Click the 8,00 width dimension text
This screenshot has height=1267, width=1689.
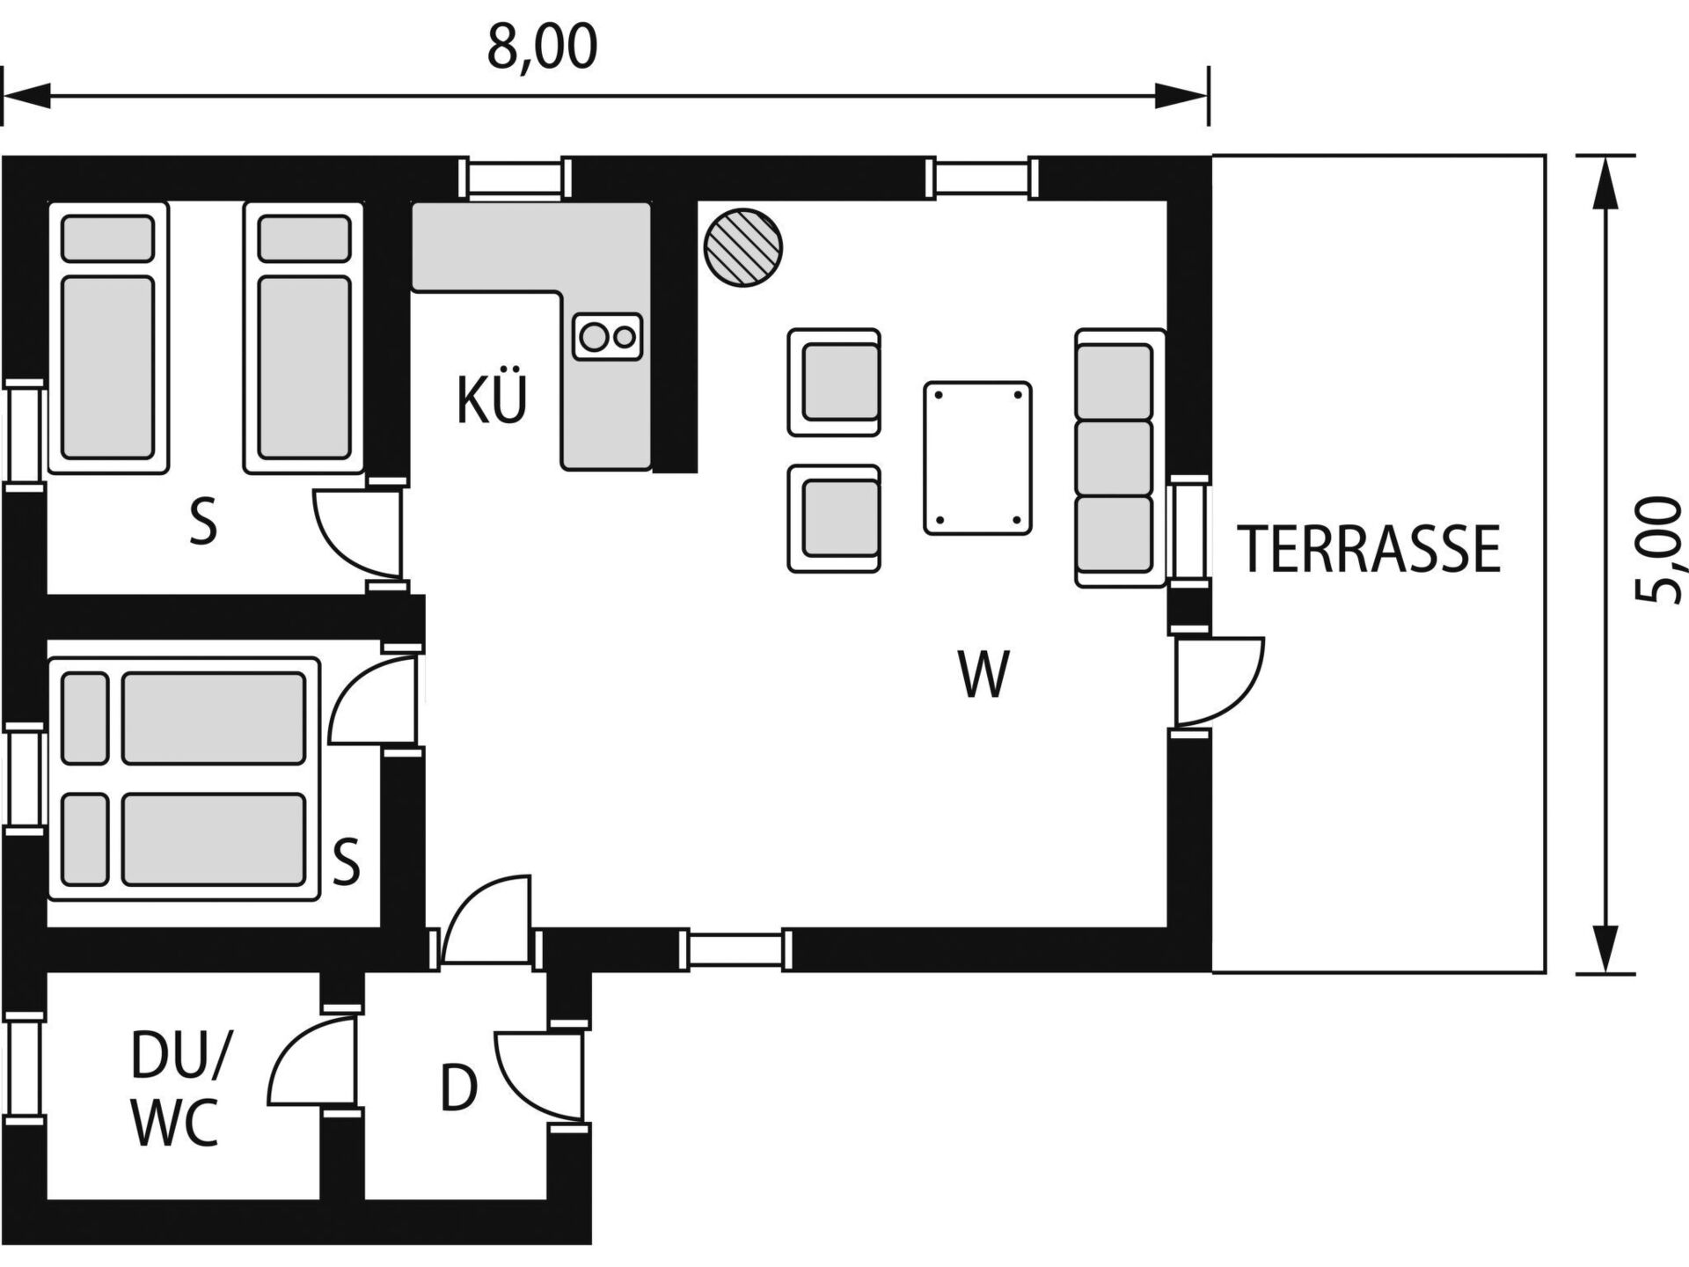coord(542,48)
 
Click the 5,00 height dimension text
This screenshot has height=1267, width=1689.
coord(1658,550)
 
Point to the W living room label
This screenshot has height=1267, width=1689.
coord(983,675)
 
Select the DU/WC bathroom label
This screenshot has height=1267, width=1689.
coord(177,1089)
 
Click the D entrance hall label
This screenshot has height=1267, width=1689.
coord(458,1088)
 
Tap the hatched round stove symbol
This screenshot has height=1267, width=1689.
coord(743,247)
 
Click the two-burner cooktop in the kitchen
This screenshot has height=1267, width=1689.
coord(607,336)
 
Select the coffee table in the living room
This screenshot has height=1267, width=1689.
coord(977,458)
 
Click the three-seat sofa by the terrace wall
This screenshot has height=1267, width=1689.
coord(1120,458)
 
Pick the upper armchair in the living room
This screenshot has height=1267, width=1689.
coord(834,382)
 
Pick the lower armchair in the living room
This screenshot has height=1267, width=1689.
coord(834,519)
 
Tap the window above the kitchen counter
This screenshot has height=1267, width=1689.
coord(515,179)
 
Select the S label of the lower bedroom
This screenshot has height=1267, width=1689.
coord(346,861)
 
